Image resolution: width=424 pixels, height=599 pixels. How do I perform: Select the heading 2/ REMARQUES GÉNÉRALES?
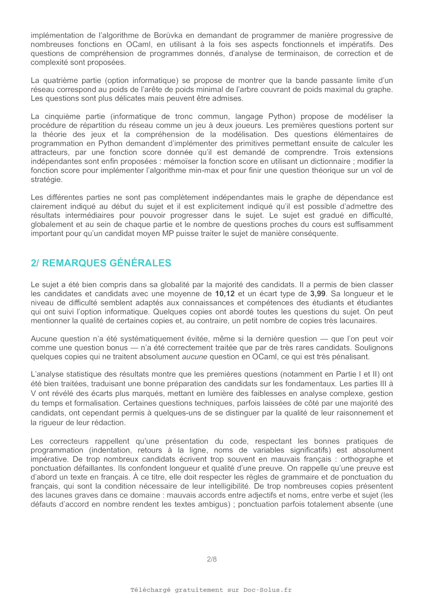pos(101,263)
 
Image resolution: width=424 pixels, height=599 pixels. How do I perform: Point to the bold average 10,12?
pos(225,294)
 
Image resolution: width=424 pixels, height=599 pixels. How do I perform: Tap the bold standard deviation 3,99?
pos(318,294)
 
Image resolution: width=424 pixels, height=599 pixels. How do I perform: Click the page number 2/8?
pos(212,559)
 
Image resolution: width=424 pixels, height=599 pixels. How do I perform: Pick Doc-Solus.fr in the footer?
pos(267,590)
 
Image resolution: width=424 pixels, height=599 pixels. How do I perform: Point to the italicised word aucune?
pos(194,357)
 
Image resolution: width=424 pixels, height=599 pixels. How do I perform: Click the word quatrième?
pos(61,80)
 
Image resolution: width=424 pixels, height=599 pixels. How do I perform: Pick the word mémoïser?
pos(182,161)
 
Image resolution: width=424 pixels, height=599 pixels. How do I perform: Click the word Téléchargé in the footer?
pos(151,590)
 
